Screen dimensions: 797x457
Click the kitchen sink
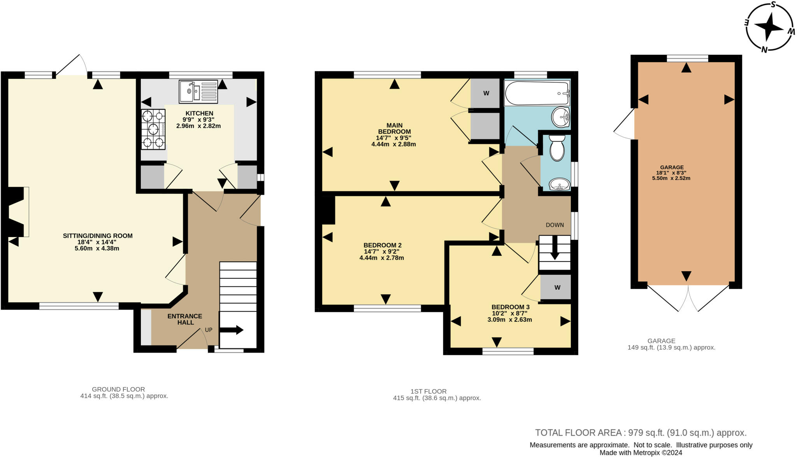[x=198, y=92]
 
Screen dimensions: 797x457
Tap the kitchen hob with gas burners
[x=153, y=129]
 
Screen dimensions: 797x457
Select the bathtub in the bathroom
[x=537, y=93]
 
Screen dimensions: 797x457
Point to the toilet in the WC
[x=557, y=148]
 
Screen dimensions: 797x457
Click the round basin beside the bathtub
[x=561, y=117]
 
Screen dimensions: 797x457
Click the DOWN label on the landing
[x=555, y=225]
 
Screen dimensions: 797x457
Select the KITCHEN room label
[x=199, y=113]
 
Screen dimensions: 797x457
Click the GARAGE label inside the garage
[x=672, y=167]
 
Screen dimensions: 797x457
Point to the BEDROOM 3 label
[x=510, y=307]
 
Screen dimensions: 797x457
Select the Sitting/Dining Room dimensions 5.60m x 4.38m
[x=97, y=248]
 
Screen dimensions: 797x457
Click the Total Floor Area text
[x=641, y=433]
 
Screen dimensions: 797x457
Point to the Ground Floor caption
[x=118, y=389]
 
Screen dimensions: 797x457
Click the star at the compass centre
[x=769, y=27]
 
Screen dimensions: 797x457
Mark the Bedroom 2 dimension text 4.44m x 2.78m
[x=381, y=258]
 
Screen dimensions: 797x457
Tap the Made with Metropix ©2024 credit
[x=641, y=453]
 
